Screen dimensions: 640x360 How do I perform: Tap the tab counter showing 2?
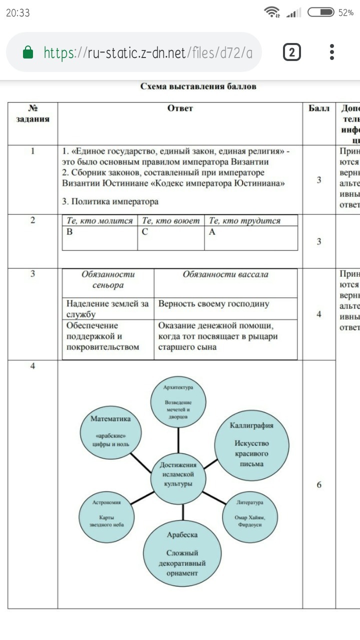pos(292,52)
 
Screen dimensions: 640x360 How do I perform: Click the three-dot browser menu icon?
pos(332,52)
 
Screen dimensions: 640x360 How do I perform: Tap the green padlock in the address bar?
pos(28,52)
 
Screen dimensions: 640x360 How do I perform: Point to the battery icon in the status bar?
pos(321,12)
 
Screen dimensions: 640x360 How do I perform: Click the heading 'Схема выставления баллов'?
pos(198,86)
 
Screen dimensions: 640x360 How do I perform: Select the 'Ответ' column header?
pos(180,108)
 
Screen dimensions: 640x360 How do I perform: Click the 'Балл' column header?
pos(318,108)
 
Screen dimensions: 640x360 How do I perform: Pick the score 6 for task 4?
pos(319,484)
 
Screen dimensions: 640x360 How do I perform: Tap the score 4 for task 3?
pos(319,314)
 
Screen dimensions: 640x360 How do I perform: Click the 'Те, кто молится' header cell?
pos(100,220)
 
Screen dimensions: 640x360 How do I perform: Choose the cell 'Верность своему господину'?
pos(213,303)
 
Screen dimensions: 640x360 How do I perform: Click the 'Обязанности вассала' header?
pos(225,274)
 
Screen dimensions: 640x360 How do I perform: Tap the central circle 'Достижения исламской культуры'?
pos(178,474)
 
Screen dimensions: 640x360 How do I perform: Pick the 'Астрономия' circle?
pos(108,512)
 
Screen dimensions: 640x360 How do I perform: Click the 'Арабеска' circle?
pos(182,552)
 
